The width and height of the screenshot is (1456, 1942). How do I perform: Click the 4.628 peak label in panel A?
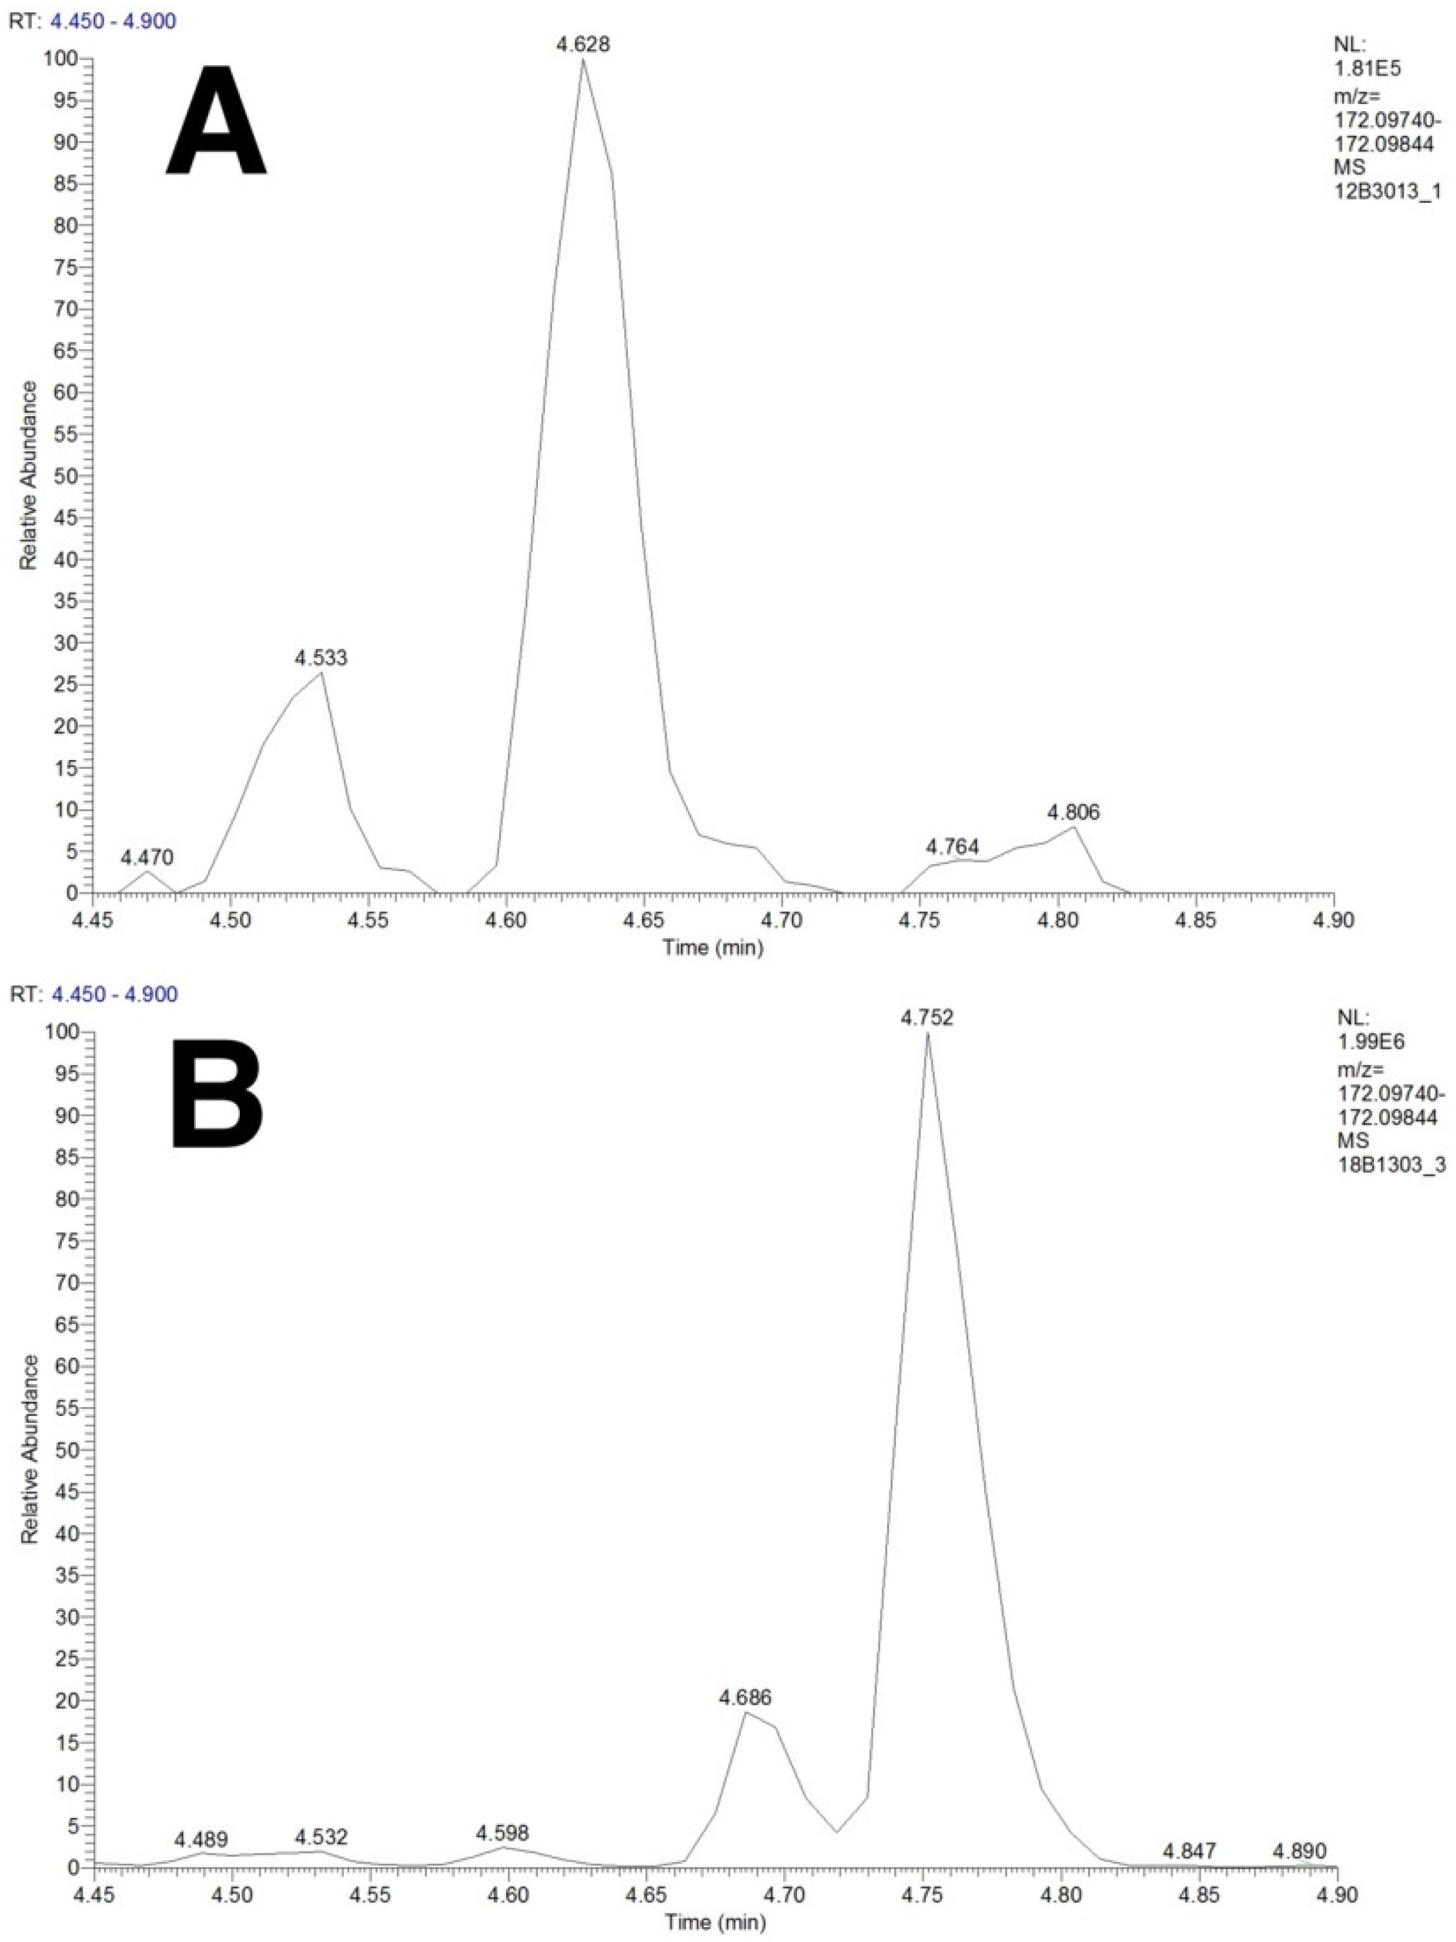point(583,44)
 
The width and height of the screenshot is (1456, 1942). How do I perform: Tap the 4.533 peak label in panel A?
point(321,658)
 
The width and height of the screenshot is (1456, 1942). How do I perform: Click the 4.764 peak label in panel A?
point(953,847)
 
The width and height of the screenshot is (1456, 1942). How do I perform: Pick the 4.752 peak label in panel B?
point(926,1018)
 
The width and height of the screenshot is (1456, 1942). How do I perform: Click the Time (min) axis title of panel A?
point(713,947)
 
